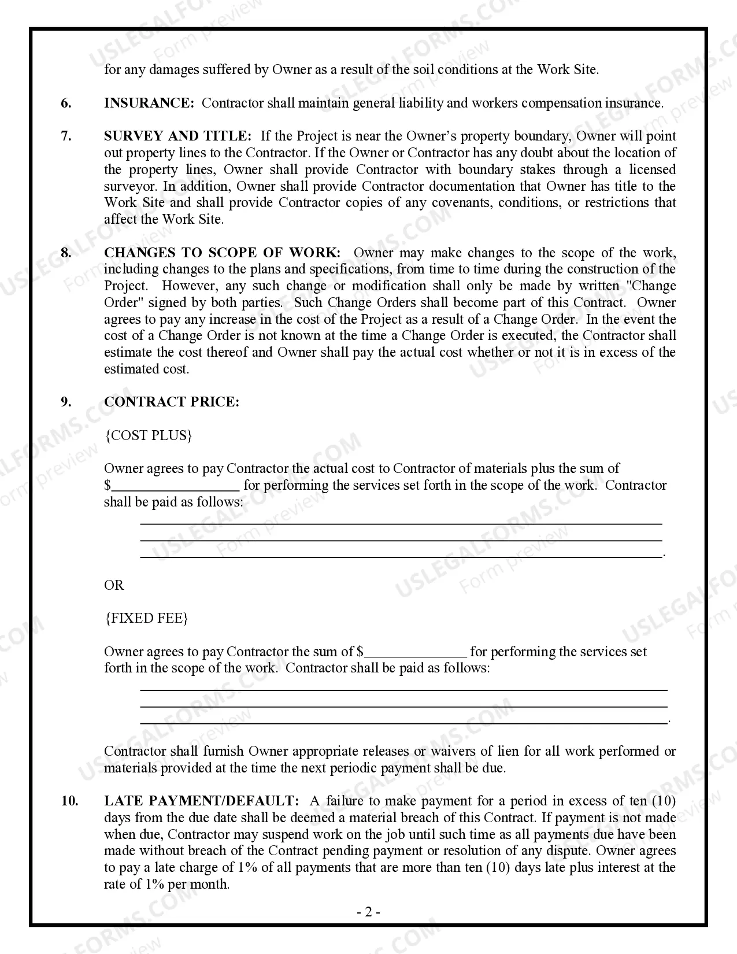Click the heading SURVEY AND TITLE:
click(177, 136)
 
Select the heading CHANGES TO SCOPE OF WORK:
click(222, 253)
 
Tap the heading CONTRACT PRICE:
click(171, 402)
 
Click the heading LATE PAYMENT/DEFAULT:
click(201, 801)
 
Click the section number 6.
click(66, 103)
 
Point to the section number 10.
click(69, 801)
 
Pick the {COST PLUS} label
click(148, 435)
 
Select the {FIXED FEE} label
click(146, 619)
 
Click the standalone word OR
click(114, 585)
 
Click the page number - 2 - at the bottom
click(368, 913)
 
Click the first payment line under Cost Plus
click(401, 523)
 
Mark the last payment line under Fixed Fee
click(403, 722)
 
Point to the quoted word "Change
click(651, 286)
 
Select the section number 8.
click(66, 253)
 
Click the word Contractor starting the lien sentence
click(135, 752)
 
